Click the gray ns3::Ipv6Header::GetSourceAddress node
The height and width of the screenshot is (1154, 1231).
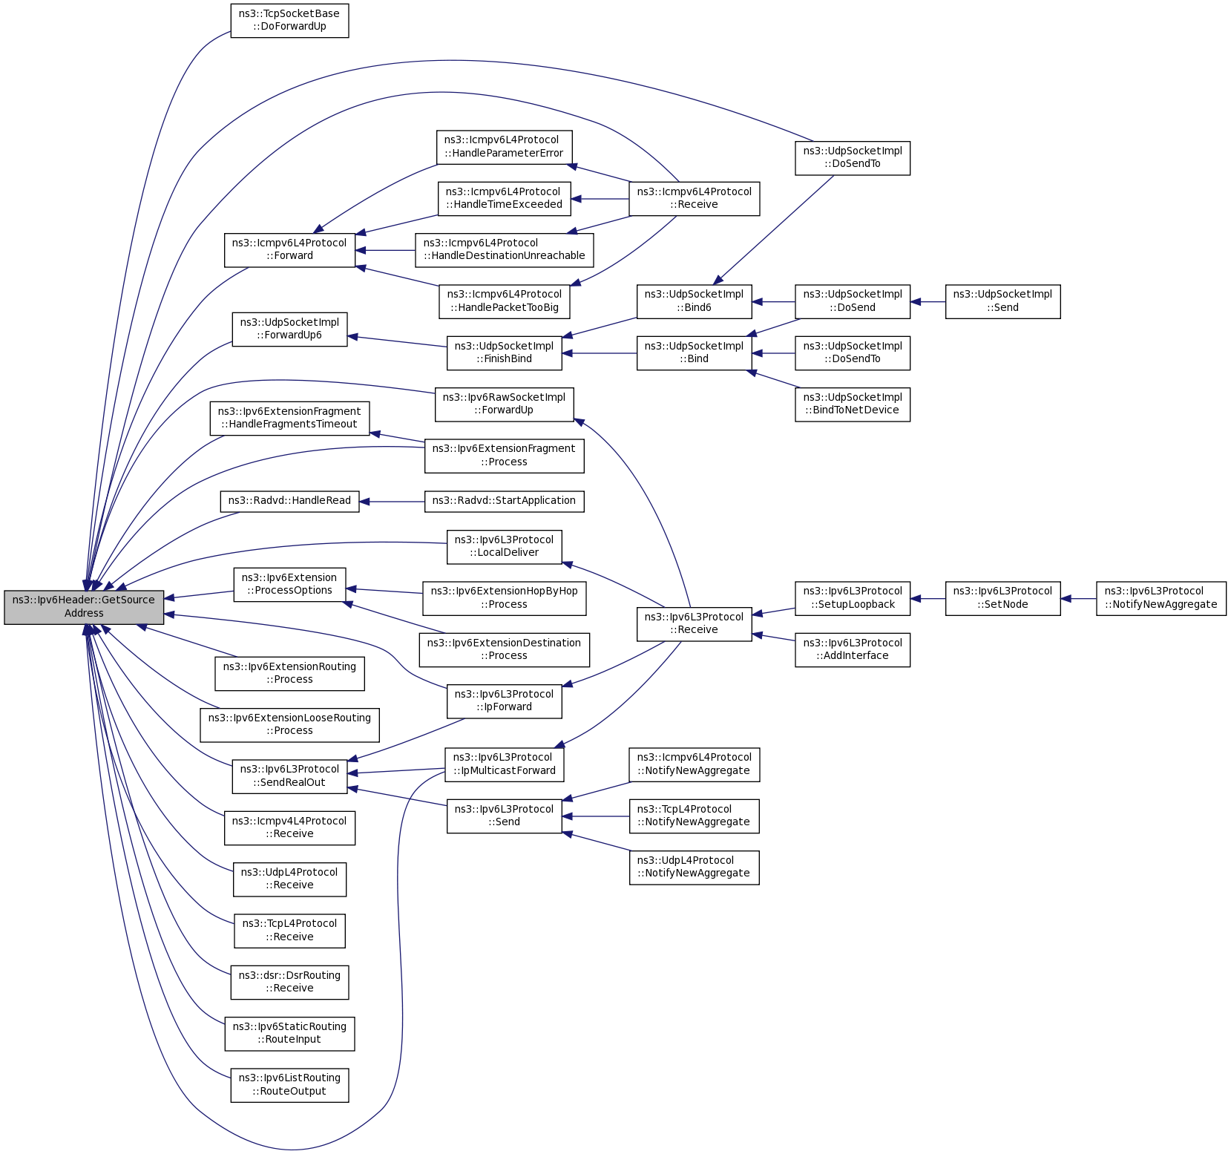pyautogui.click(x=84, y=607)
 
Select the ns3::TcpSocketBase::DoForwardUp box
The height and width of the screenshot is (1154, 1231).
pyautogui.click(x=289, y=20)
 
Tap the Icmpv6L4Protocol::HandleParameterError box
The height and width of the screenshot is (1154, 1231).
pyautogui.click(x=504, y=147)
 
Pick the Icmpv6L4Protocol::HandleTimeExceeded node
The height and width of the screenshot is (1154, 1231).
pyautogui.click(x=504, y=198)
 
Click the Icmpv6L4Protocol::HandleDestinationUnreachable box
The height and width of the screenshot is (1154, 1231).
pyautogui.click(x=505, y=249)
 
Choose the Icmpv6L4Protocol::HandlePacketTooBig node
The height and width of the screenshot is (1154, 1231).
pyautogui.click(x=505, y=301)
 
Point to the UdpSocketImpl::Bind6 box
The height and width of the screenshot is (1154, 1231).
pyautogui.click(x=694, y=301)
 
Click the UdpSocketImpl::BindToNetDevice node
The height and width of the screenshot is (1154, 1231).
pyautogui.click(x=852, y=404)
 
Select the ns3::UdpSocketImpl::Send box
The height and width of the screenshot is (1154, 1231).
pyautogui.click(x=1002, y=301)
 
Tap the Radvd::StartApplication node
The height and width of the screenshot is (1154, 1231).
pyautogui.click(x=504, y=501)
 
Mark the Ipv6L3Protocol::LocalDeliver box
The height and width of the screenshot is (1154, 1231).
pyautogui.click(x=504, y=546)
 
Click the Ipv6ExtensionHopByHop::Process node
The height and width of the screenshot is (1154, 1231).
pyautogui.click(x=504, y=598)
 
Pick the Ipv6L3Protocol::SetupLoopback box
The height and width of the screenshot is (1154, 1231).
pyautogui.click(x=852, y=598)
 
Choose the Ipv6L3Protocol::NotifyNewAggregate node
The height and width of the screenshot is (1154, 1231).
pyautogui.click(x=1161, y=598)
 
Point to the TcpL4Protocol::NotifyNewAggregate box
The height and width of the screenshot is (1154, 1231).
pyautogui.click(x=694, y=816)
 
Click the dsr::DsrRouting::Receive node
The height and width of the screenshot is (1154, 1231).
pyautogui.click(x=289, y=982)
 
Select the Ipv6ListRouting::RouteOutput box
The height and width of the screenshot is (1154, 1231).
pyautogui.click(x=289, y=1085)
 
